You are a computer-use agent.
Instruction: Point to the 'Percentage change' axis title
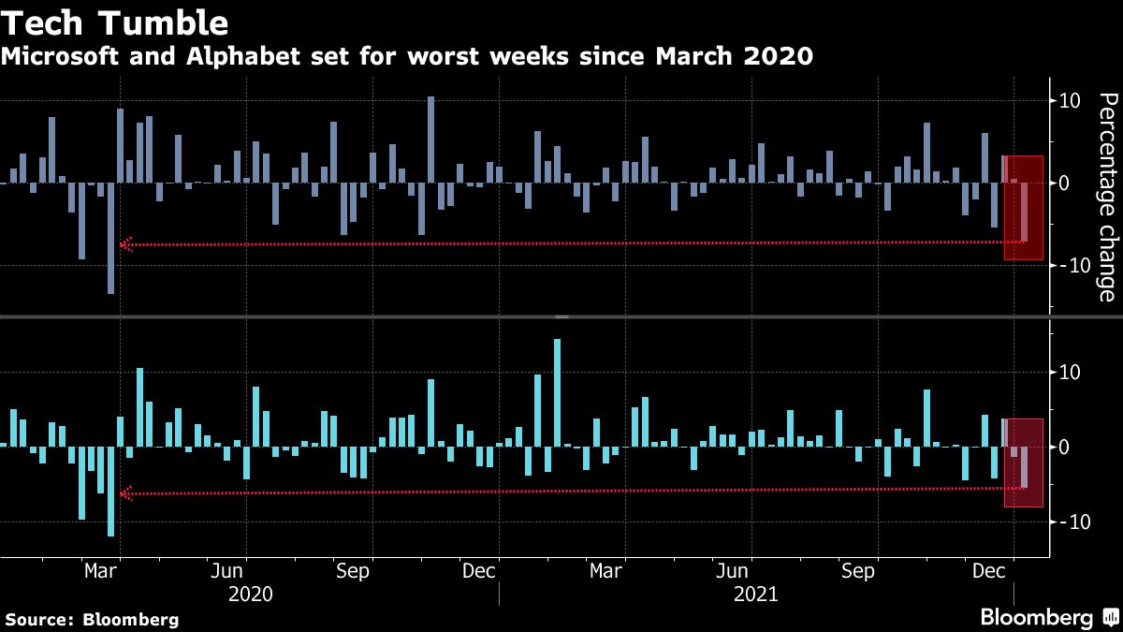(x=1106, y=197)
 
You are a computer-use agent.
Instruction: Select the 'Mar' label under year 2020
(x=101, y=570)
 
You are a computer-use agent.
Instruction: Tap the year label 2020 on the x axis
(x=251, y=594)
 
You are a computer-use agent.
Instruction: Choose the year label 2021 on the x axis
(x=757, y=594)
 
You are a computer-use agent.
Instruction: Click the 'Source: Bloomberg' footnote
(x=92, y=619)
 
